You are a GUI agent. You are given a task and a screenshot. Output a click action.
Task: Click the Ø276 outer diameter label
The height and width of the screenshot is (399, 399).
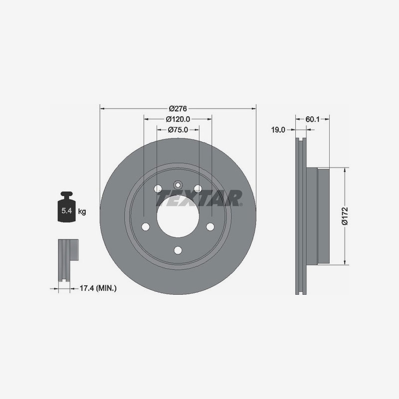pyautogui.click(x=178, y=108)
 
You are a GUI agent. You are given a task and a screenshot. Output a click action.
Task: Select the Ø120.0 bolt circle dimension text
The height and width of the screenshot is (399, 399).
pyautogui.click(x=178, y=119)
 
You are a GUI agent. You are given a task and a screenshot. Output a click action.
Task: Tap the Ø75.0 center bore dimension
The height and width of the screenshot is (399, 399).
pyautogui.click(x=178, y=130)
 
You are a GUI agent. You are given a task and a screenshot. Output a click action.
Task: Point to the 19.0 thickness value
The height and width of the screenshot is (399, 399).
pyautogui.click(x=278, y=130)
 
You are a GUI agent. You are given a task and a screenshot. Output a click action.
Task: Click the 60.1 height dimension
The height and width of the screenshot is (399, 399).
pyautogui.click(x=312, y=119)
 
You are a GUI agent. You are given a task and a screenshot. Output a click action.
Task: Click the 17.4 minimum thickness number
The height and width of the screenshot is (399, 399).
pyautogui.click(x=87, y=288)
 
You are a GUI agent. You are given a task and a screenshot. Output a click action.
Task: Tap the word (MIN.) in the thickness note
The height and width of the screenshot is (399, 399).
pyautogui.click(x=106, y=288)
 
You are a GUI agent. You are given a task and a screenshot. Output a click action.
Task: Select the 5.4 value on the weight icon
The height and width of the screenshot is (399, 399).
pyautogui.click(x=66, y=211)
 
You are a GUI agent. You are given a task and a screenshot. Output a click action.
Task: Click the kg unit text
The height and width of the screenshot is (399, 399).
pyautogui.click(x=82, y=211)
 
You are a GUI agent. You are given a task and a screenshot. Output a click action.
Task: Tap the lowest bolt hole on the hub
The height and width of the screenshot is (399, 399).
pyautogui.click(x=178, y=251)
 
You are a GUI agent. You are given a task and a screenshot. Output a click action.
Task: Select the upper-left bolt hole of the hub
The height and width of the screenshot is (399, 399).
pyautogui.click(x=158, y=189)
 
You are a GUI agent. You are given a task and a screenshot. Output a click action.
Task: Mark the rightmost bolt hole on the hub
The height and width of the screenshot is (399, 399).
pyautogui.click(x=210, y=227)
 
